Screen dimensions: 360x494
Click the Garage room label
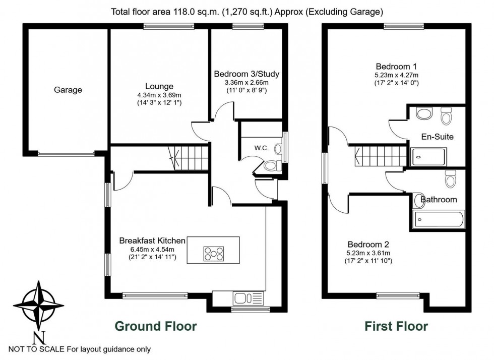tap(68, 90)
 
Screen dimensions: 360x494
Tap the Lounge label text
tap(159, 86)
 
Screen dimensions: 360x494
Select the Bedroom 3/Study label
tap(246, 74)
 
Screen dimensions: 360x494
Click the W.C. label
tap(261, 148)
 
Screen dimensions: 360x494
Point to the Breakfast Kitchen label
tap(152, 241)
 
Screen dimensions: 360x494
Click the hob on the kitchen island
tap(213, 253)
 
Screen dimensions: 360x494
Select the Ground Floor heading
tap(156, 326)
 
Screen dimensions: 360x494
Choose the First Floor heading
tap(396, 326)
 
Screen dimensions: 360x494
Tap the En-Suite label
tap(437, 136)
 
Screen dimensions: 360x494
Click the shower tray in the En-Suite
tap(428, 157)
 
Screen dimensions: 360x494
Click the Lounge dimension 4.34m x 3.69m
tap(159, 95)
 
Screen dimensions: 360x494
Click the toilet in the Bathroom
tap(450, 178)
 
